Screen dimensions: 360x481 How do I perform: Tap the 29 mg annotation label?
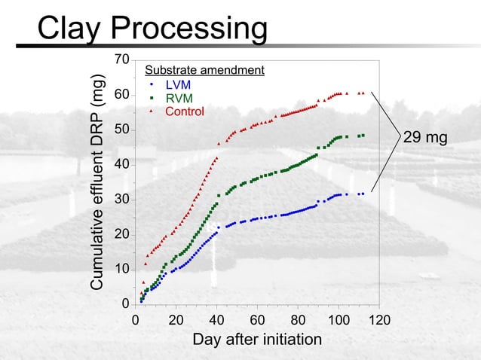(425, 138)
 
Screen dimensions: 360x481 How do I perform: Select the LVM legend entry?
(178, 85)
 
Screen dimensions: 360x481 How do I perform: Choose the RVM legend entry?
(179, 99)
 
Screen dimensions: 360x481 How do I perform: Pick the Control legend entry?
(185, 112)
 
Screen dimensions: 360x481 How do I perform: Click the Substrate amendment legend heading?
(204, 71)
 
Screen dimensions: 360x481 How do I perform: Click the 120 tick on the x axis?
(381, 319)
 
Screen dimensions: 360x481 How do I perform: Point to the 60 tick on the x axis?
(257, 319)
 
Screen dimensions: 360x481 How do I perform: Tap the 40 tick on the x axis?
(217, 319)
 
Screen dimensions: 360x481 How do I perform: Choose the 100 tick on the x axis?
(339, 319)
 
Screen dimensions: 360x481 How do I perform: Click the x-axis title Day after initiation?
(257, 340)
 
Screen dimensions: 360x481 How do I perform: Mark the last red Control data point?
(363, 93)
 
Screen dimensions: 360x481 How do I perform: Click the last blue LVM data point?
(363, 194)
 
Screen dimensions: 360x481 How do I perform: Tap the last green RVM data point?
(363, 136)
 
